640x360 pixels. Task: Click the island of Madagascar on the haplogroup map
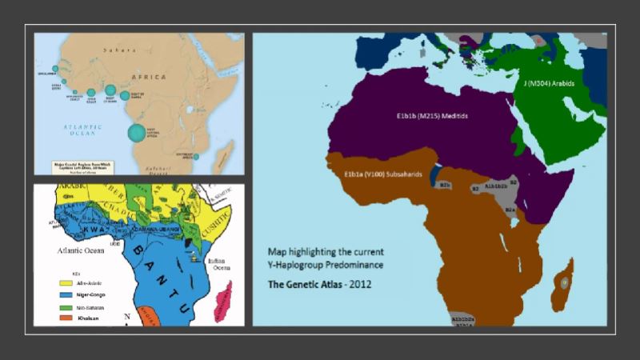point(566,279)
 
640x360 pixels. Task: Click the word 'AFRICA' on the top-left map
point(150,77)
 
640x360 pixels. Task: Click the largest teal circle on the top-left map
point(137,132)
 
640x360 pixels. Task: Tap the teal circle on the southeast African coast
point(196,156)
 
